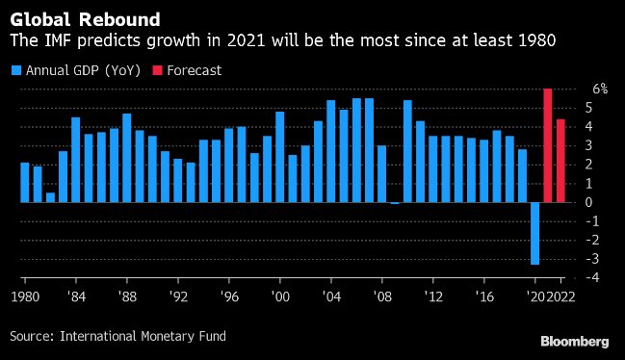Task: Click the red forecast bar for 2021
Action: coord(547,145)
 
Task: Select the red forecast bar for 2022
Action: coord(560,161)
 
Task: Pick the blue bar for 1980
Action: coord(25,183)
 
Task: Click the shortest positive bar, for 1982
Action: coord(50,197)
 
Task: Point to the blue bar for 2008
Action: coord(381,174)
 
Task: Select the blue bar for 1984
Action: coord(75,160)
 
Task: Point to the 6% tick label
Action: coord(599,89)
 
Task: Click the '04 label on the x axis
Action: coord(330,296)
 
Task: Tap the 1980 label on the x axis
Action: coord(26,296)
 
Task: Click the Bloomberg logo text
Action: coord(574,342)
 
